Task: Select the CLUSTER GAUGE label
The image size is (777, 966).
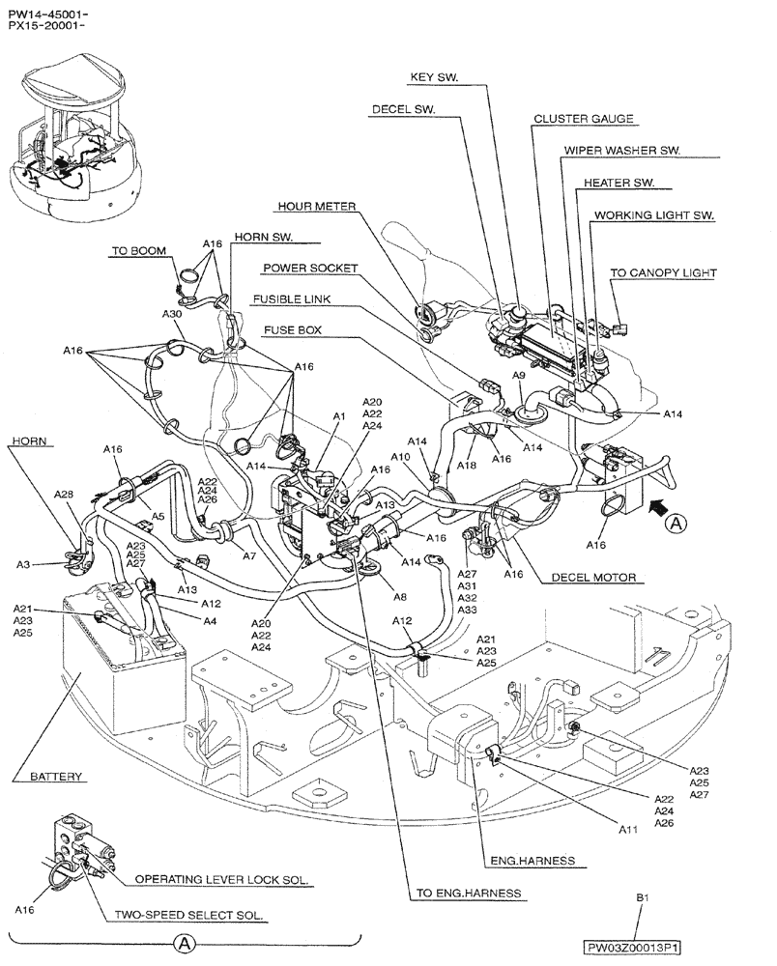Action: pos(584,119)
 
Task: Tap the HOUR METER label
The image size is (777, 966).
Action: pos(317,206)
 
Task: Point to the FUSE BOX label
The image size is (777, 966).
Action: pos(292,329)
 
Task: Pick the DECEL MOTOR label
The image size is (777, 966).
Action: pos(593,578)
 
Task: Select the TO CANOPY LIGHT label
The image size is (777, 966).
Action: pos(663,273)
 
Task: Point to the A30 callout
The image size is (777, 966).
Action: pos(172,315)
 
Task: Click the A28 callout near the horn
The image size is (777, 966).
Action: pos(63,495)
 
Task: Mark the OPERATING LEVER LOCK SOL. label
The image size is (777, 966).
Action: pos(221,880)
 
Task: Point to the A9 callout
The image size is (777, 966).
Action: pos(519,374)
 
